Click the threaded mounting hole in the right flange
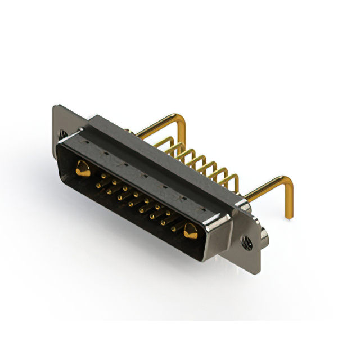[246, 242]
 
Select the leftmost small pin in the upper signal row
[103, 175]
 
